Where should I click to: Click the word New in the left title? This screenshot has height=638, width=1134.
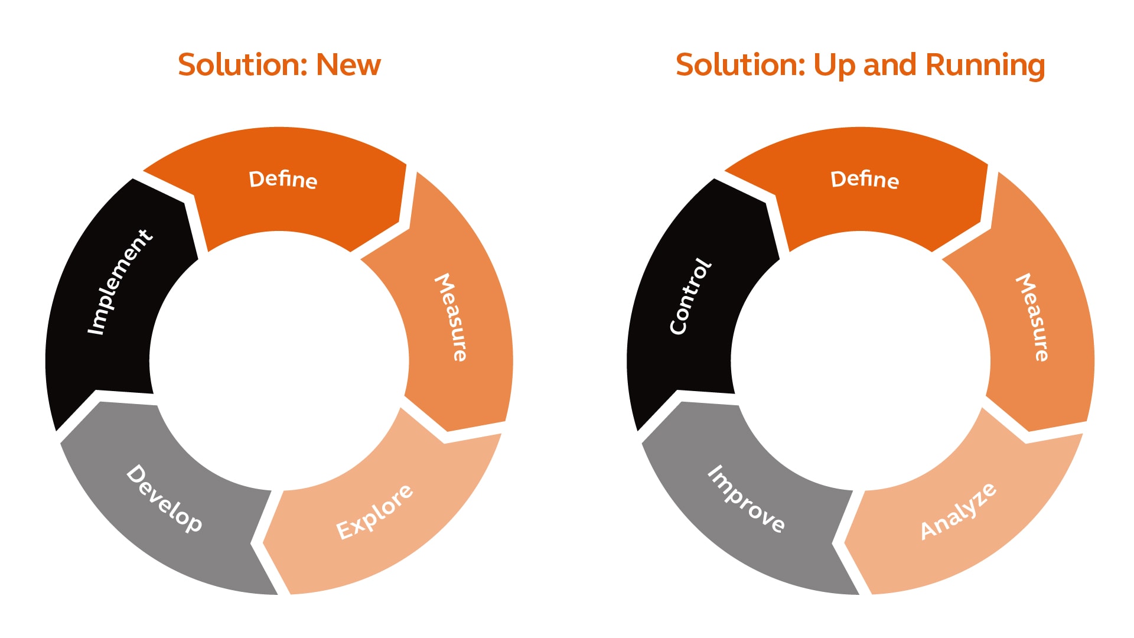click(348, 64)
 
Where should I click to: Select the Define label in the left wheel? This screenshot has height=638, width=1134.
click(283, 179)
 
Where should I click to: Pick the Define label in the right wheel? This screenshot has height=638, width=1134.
click(865, 179)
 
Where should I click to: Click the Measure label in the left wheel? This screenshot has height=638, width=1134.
click(451, 317)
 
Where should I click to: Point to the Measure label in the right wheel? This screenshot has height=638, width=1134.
click(1032, 317)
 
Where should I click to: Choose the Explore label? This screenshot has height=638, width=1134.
click(374, 512)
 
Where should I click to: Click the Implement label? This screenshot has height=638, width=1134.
click(120, 282)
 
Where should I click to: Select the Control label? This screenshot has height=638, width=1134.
click(690, 297)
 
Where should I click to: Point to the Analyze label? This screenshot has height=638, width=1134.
click(958, 512)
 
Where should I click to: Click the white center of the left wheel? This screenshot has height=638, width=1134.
click(279, 361)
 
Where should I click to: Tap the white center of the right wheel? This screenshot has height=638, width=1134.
click(861, 361)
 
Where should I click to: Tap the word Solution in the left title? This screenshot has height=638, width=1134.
click(243, 64)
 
